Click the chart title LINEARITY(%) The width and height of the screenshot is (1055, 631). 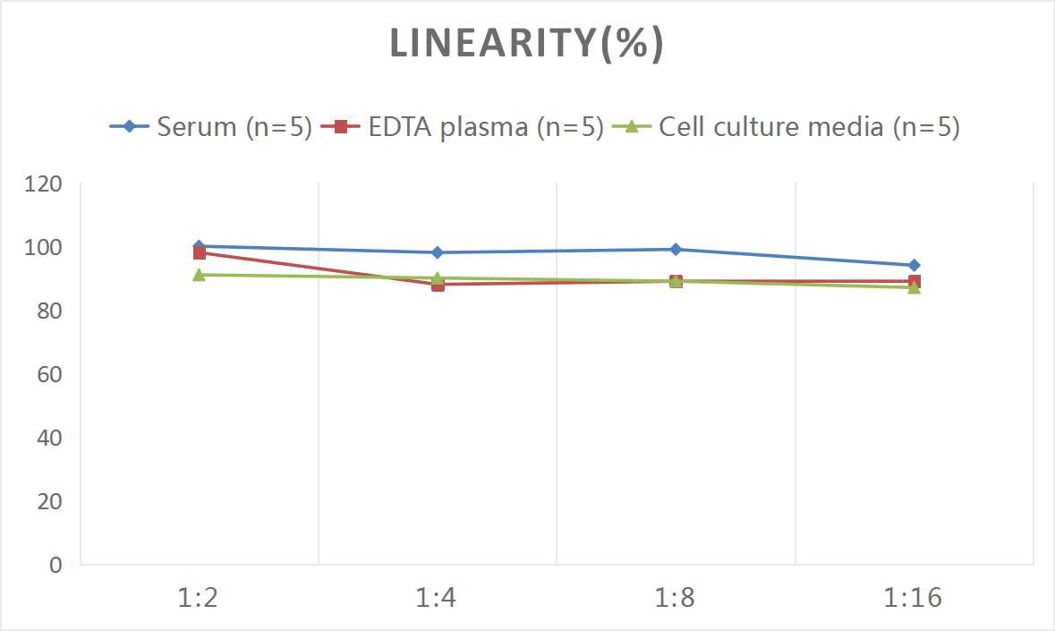click(x=526, y=44)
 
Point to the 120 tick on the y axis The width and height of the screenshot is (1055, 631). click(x=45, y=184)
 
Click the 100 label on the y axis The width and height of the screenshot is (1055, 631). click(x=45, y=247)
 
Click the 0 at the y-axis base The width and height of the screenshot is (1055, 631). click(x=56, y=565)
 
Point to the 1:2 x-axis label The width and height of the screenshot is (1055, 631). click(x=199, y=597)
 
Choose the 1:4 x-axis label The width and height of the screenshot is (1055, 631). click(x=437, y=597)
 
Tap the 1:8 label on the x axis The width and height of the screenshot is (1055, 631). click(x=676, y=597)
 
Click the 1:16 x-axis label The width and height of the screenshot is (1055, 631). click(x=914, y=597)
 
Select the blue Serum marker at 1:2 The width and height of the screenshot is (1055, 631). click(x=199, y=246)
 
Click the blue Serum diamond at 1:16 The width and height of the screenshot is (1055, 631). click(x=914, y=265)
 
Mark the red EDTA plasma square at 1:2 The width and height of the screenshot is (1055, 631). click(x=199, y=253)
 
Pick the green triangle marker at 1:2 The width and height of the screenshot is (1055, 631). click(x=199, y=275)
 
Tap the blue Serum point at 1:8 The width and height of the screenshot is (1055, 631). click(x=676, y=249)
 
